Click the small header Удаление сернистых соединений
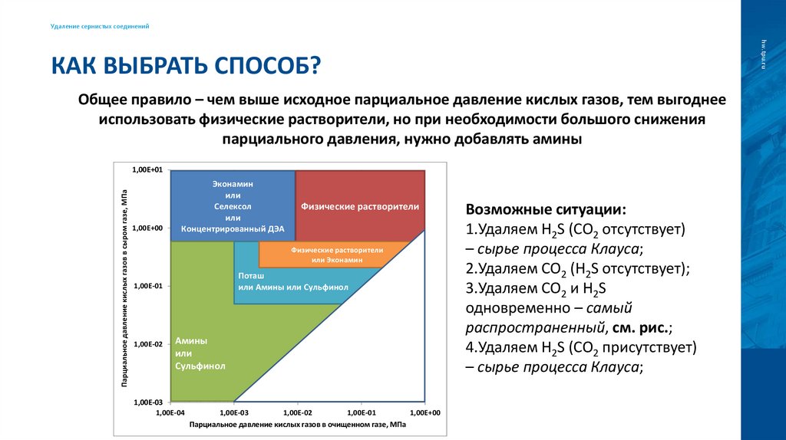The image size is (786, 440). coord(100,27)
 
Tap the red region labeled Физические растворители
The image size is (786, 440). coord(359,206)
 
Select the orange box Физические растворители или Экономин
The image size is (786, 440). coord(332,254)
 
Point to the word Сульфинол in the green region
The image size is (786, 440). coord(200,366)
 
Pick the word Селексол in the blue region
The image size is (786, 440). coord(233,206)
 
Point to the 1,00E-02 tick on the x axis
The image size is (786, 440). coord(297,412)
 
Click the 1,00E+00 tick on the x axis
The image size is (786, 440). coord(424,412)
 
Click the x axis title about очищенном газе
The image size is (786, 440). coord(297,424)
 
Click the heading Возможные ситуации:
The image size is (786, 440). coord(546,209)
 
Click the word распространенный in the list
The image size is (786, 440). coord(534,327)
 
